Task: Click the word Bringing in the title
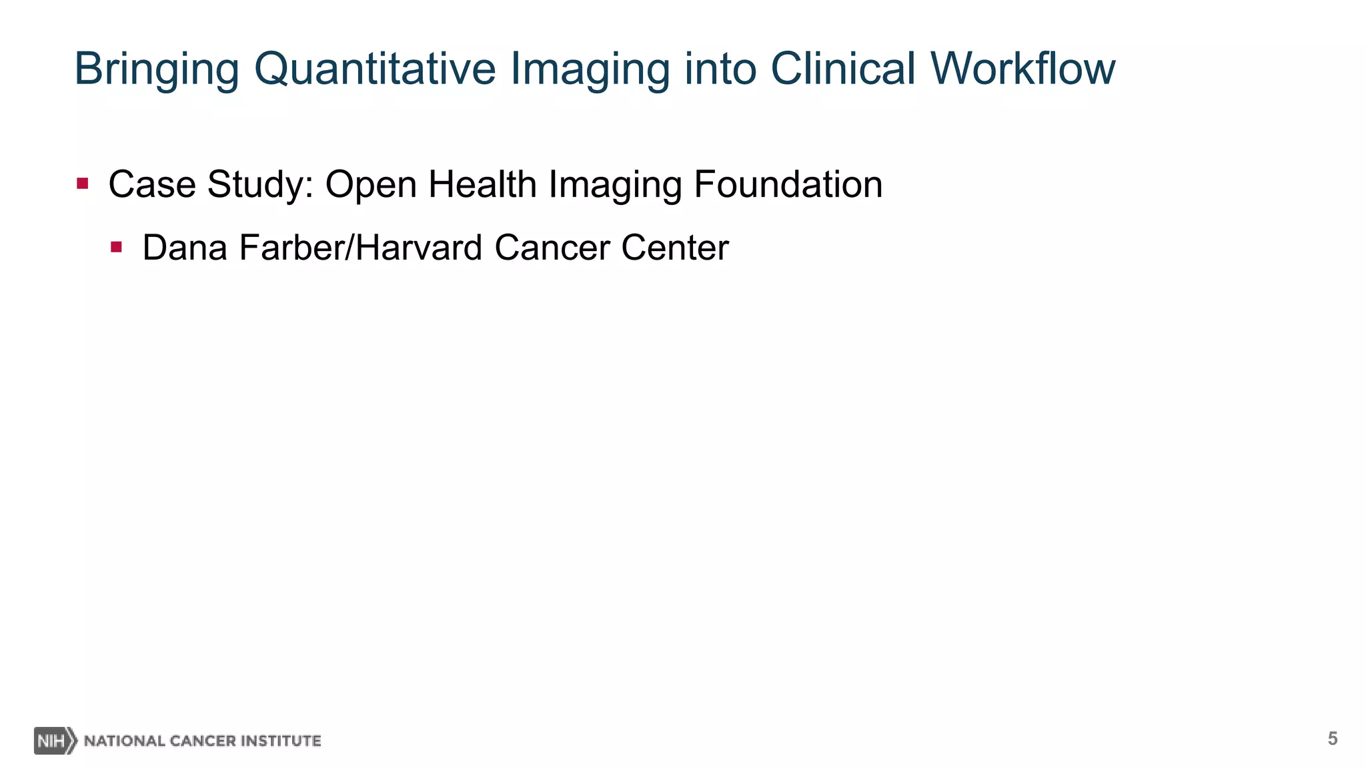[x=156, y=69]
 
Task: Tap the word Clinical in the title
[x=843, y=69]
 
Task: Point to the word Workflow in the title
[x=1022, y=69]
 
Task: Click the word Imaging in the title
[x=590, y=69]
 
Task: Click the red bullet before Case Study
[x=83, y=184]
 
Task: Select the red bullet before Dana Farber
[x=117, y=248]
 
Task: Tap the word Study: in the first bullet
[x=260, y=184]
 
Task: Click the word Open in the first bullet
[x=370, y=184]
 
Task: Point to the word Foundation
[x=788, y=184]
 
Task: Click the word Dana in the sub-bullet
[x=185, y=248]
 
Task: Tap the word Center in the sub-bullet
[x=675, y=248]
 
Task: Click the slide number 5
[x=1332, y=738]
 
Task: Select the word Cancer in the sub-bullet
[x=552, y=248]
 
